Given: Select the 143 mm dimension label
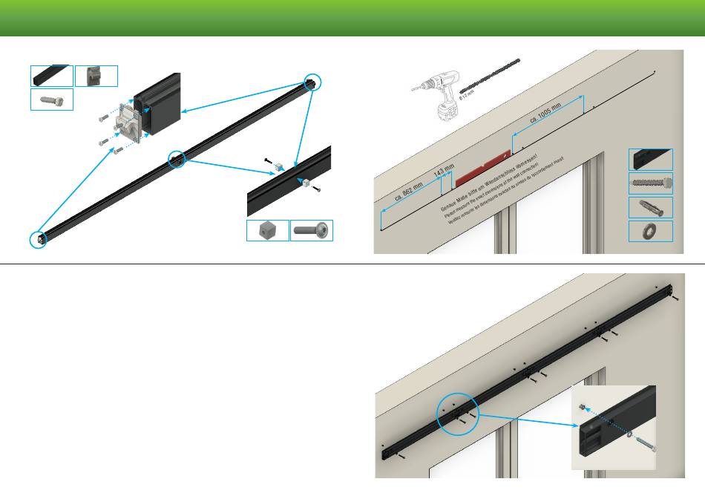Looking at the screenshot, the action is (x=444, y=172).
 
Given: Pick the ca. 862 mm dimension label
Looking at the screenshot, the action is (x=408, y=192).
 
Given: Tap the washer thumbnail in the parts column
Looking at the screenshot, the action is (x=651, y=231).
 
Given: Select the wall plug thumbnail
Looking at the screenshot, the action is (x=651, y=207).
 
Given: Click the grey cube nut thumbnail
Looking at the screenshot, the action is (x=267, y=231).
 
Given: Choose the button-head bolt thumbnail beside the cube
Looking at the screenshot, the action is (x=311, y=231).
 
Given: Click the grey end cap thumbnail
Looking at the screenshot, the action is (x=96, y=76).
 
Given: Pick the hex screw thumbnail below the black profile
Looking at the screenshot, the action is (x=52, y=100).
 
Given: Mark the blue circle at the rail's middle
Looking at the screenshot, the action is (x=177, y=158).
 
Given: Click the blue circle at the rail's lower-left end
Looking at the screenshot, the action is (x=38, y=239).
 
